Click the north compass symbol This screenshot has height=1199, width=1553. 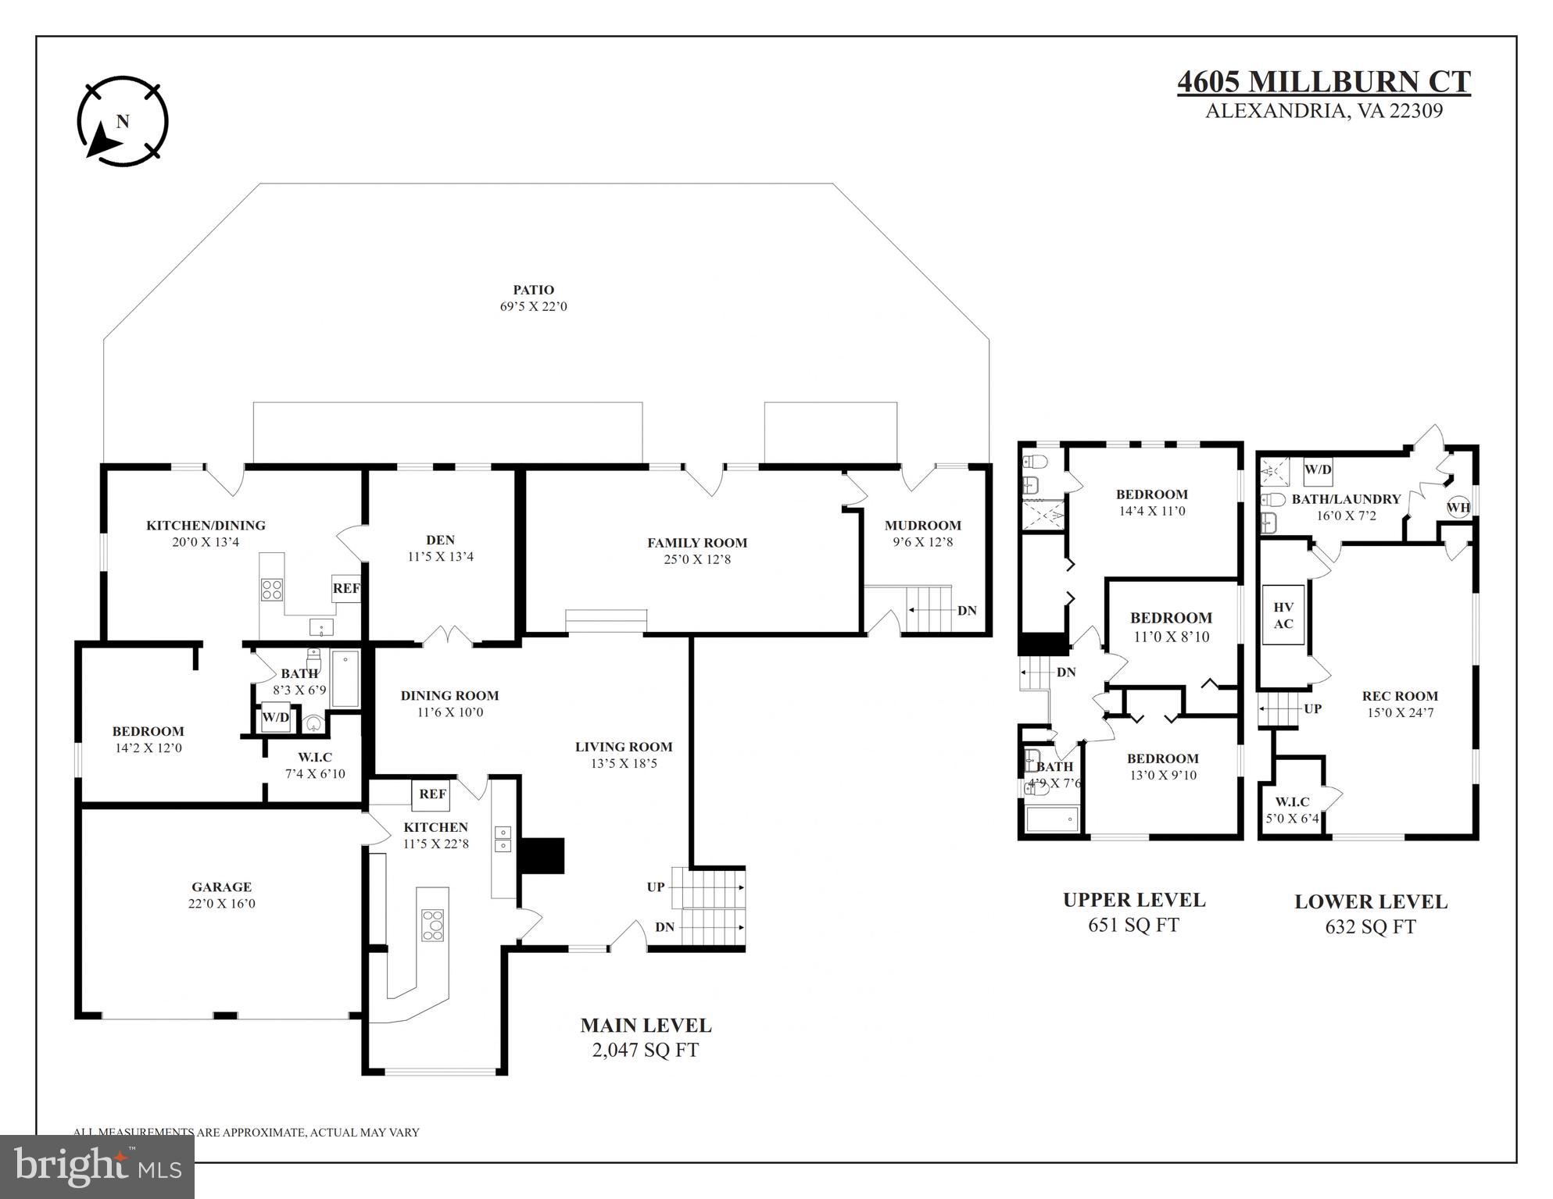pos(123,121)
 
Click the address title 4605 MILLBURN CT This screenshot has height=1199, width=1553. pos(1323,82)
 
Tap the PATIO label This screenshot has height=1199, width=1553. pos(533,290)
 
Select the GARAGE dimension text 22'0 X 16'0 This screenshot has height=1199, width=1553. pos(222,904)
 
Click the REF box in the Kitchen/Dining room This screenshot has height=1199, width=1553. pos(345,589)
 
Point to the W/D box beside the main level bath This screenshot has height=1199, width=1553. pos(275,717)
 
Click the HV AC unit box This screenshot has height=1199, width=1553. pos(1283,616)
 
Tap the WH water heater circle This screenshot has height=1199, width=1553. pos(1458,507)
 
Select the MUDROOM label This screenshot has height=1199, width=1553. pos(922,526)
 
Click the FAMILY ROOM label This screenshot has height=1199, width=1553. pos(696,543)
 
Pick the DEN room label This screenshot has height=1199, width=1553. pos(440,540)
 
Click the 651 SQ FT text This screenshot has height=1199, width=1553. pos(1133,926)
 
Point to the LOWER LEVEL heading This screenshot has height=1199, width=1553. pos(1370,901)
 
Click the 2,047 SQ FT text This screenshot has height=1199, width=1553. pos(645,1051)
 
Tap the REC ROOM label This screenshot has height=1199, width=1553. pos(1400,696)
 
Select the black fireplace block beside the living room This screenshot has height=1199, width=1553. pos(542,855)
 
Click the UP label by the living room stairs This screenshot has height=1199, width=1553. pos(655,887)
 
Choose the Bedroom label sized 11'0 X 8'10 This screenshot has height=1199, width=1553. pos(1171,618)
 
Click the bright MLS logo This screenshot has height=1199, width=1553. pos(97,1167)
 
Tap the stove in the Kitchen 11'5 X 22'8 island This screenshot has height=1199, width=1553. pos(432,925)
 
